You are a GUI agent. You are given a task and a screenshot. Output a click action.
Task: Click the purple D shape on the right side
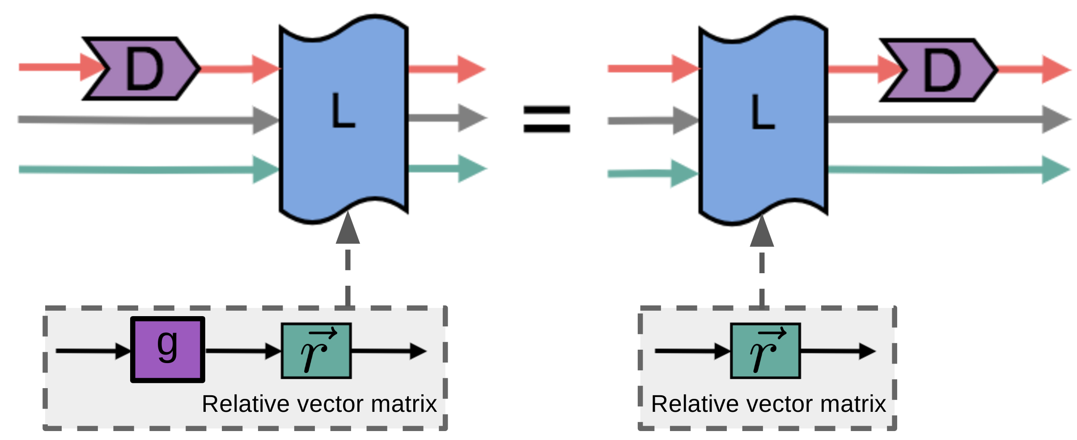pos(939,70)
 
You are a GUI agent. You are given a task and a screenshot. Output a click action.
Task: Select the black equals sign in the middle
pos(547,119)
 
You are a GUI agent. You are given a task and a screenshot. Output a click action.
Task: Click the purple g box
pos(168,350)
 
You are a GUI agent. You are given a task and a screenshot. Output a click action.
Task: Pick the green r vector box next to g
pos(316,351)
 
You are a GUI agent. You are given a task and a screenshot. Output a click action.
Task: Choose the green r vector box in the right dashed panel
pos(765,351)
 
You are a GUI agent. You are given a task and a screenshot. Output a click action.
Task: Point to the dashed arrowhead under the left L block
pos(348,229)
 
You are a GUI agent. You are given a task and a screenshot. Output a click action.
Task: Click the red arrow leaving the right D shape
pos(1033,69)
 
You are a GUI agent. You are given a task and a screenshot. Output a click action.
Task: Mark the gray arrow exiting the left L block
pos(447,118)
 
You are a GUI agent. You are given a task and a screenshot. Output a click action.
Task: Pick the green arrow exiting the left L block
pos(447,169)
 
